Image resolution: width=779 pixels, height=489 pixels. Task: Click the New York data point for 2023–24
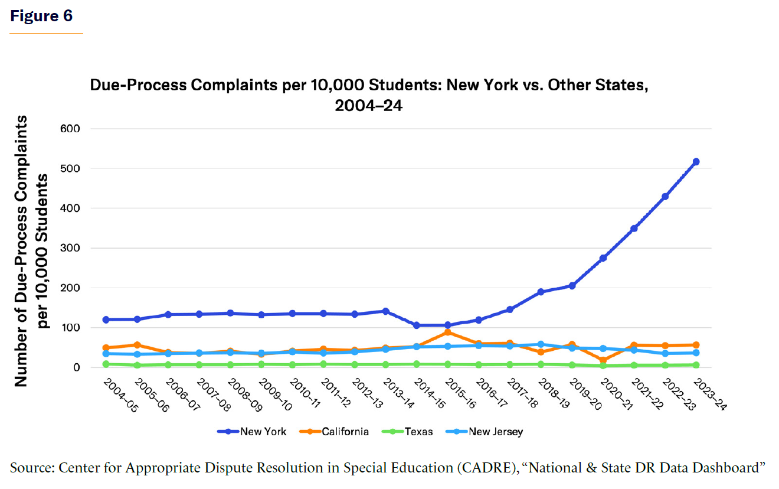pyautogui.click(x=696, y=162)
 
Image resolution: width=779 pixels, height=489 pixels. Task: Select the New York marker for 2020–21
pyautogui.click(x=603, y=258)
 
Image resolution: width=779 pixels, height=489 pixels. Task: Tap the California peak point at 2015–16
pyautogui.click(x=447, y=332)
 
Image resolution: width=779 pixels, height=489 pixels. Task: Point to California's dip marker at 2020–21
pyautogui.click(x=603, y=360)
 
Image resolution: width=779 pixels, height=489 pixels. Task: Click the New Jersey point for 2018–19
pyautogui.click(x=541, y=344)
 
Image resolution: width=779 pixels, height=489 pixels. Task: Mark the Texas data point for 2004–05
pyautogui.click(x=106, y=364)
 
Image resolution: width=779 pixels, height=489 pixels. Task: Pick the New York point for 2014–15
pyautogui.click(x=417, y=325)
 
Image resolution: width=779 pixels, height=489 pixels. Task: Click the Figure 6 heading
pyautogui.click(x=41, y=16)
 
